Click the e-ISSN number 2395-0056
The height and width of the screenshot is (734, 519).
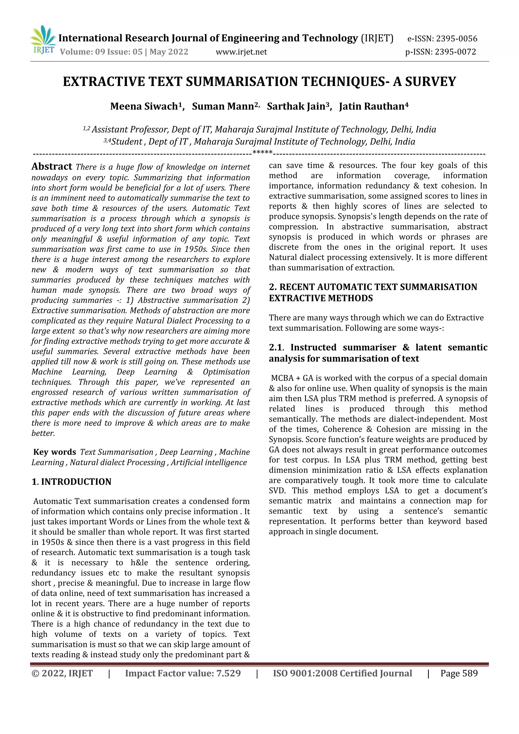tap(456, 39)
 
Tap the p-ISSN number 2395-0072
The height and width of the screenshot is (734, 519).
tap(455, 52)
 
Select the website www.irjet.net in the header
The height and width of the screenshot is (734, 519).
tap(241, 52)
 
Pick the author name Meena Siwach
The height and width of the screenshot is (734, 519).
tap(144, 106)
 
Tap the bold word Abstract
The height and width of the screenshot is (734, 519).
tap(52, 167)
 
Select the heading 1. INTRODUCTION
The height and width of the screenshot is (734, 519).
tap(71, 481)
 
